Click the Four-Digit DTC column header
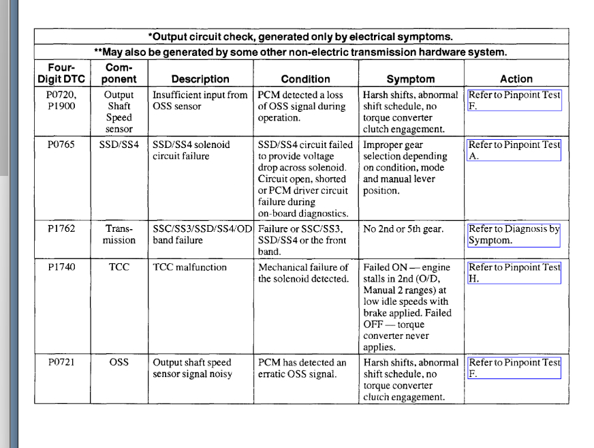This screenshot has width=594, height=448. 61,73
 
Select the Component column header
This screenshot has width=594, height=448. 119,73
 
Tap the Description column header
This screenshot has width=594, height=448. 200,79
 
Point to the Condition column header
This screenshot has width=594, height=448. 305,79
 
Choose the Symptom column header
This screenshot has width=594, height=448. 411,79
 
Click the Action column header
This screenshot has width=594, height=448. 516,79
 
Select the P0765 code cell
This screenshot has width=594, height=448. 61,145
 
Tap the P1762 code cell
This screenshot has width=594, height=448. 61,229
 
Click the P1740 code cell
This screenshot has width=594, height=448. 61,267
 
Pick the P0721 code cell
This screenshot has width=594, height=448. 61,363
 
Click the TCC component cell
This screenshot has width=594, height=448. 119,267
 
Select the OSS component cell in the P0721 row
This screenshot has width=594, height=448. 119,363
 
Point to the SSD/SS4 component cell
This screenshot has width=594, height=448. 119,145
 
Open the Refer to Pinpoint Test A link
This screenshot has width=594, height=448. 514,150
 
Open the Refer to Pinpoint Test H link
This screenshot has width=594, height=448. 514,273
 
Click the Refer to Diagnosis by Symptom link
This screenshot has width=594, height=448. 514,235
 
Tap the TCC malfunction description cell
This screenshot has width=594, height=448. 190,267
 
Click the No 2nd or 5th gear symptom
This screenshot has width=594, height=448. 403,229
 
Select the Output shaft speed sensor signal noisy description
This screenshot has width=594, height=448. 193,368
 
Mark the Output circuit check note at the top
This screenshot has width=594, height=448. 300,36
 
